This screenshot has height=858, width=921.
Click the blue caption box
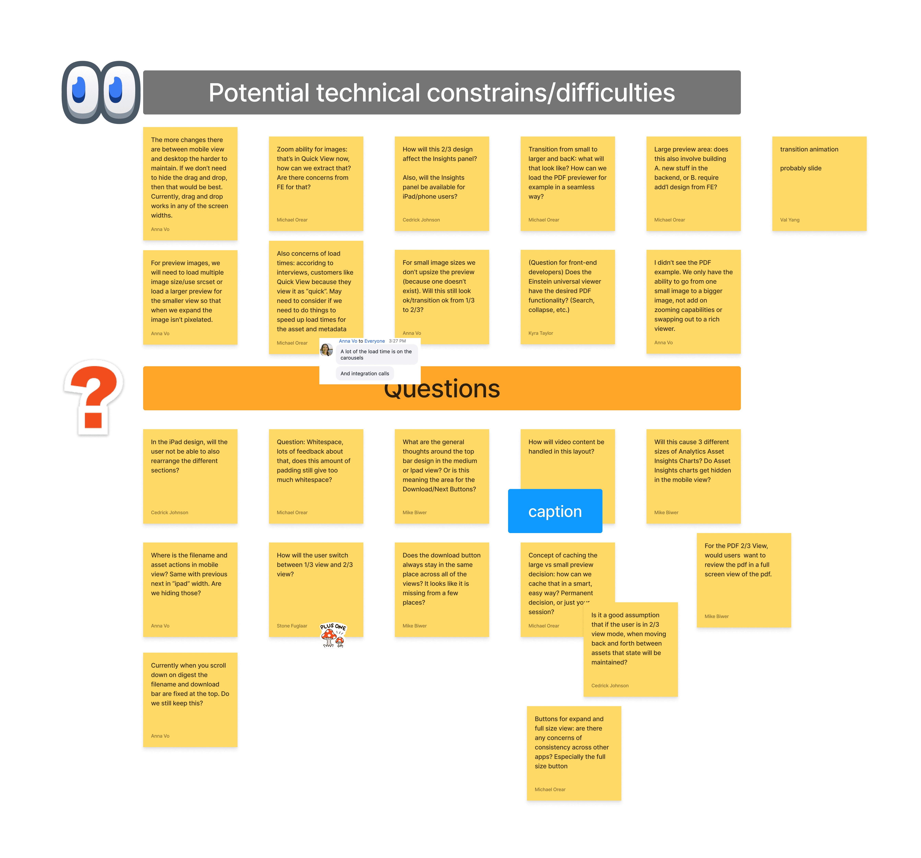point(555,511)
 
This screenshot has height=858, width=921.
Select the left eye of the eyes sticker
point(82,92)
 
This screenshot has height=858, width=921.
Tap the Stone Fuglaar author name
point(292,626)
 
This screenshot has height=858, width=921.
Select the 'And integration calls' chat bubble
point(365,374)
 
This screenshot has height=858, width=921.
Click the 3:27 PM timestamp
point(397,341)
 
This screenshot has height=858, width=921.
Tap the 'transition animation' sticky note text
point(809,149)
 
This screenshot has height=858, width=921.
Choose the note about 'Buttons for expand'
point(574,753)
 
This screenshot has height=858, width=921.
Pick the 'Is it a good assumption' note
point(630,649)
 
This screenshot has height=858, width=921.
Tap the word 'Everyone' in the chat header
point(374,341)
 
